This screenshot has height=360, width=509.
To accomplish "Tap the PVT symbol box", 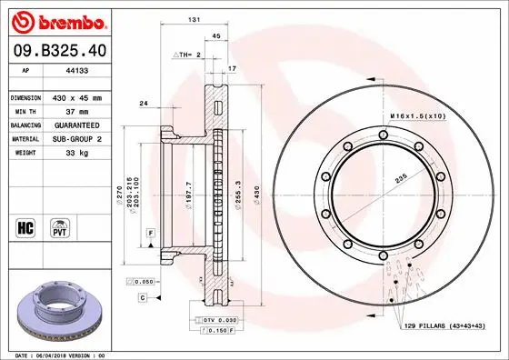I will coord(59,225).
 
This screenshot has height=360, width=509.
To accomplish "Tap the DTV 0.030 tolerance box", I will coord(220,320).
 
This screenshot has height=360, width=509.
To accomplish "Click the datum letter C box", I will coord(143,297).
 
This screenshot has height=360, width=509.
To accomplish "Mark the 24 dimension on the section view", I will coord(144,105).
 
